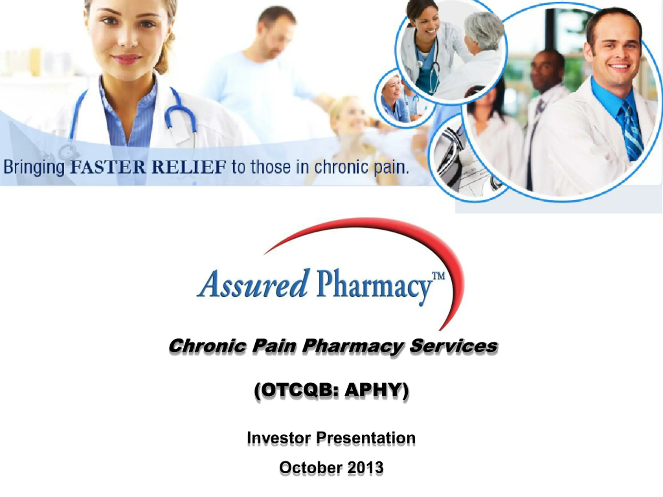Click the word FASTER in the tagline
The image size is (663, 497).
tap(109, 167)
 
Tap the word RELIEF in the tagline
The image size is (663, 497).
tap(189, 167)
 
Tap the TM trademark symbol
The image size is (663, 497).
tap(438, 275)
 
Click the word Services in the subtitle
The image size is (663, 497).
tap(453, 346)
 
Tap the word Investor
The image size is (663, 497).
tap(279, 438)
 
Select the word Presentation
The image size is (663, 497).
tap(366, 438)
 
